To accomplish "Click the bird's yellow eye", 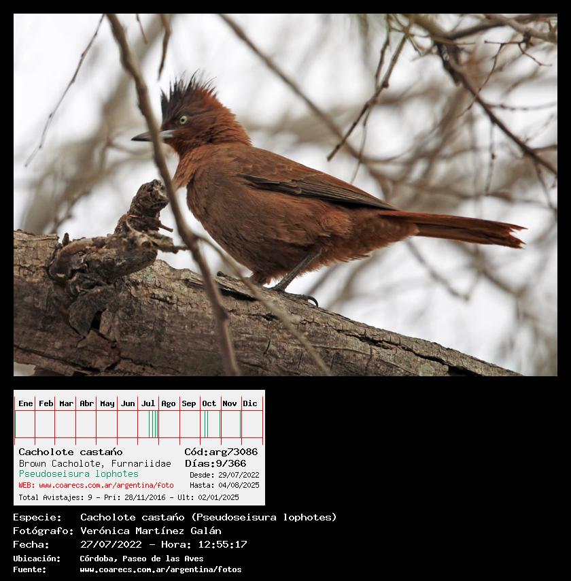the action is (183, 120).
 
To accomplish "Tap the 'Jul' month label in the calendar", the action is (148, 403).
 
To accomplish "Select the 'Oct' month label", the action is (209, 403).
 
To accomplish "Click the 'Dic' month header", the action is (250, 403).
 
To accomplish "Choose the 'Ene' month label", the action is (26, 403).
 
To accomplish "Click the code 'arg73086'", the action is (233, 452).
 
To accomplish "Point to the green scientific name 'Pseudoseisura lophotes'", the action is (78, 474).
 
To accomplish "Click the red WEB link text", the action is (97, 485).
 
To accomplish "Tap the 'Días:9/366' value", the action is (215, 463).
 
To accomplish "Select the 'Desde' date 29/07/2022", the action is (239, 475).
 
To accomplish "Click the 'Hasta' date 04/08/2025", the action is (239, 485).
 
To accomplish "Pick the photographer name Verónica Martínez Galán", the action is (151, 531).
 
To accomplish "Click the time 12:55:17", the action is (222, 544).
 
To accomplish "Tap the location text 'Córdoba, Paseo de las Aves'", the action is (141, 559).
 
